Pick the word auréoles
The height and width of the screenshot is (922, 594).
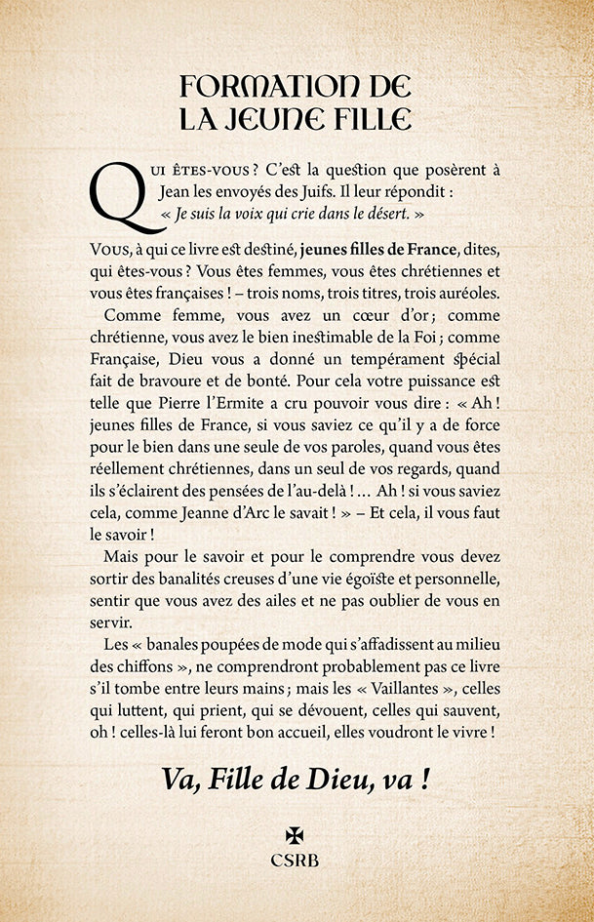(x=460, y=292)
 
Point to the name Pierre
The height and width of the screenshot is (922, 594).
(x=230, y=404)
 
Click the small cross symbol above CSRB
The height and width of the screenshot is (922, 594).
(x=295, y=836)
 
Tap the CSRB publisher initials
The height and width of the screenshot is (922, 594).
(x=296, y=860)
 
